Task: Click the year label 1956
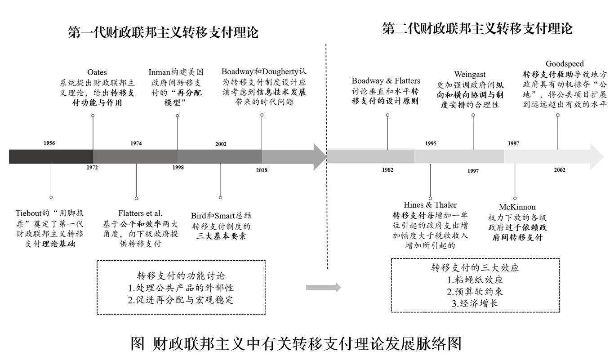(x=49, y=143)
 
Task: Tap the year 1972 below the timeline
(x=92, y=167)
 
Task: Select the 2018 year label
(x=262, y=170)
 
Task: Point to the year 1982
(x=387, y=170)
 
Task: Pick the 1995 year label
(x=430, y=143)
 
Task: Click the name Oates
(x=97, y=72)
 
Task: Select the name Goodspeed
(x=565, y=64)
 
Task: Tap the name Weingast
(x=470, y=75)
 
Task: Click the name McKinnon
(x=517, y=207)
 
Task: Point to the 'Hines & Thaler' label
(x=430, y=205)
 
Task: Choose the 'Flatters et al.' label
(x=140, y=213)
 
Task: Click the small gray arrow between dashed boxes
(x=324, y=287)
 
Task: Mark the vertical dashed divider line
(x=326, y=156)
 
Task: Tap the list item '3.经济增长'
(x=475, y=303)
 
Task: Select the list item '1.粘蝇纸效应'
(x=475, y=280)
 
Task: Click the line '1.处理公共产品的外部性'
(x=181, y=288)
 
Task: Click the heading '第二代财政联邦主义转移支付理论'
(x=477, y=29)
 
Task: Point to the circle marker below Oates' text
(x=93, y=116)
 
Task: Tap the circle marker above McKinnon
(x=515, y=198)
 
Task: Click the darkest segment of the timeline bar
(x=51, y=156)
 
